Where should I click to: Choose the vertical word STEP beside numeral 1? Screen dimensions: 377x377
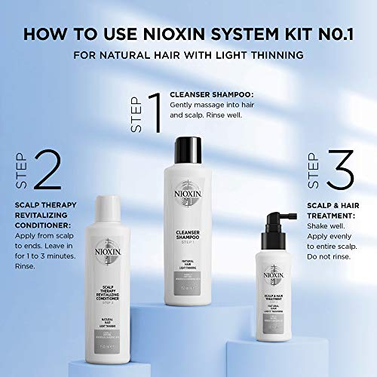[x=137, y=114]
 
